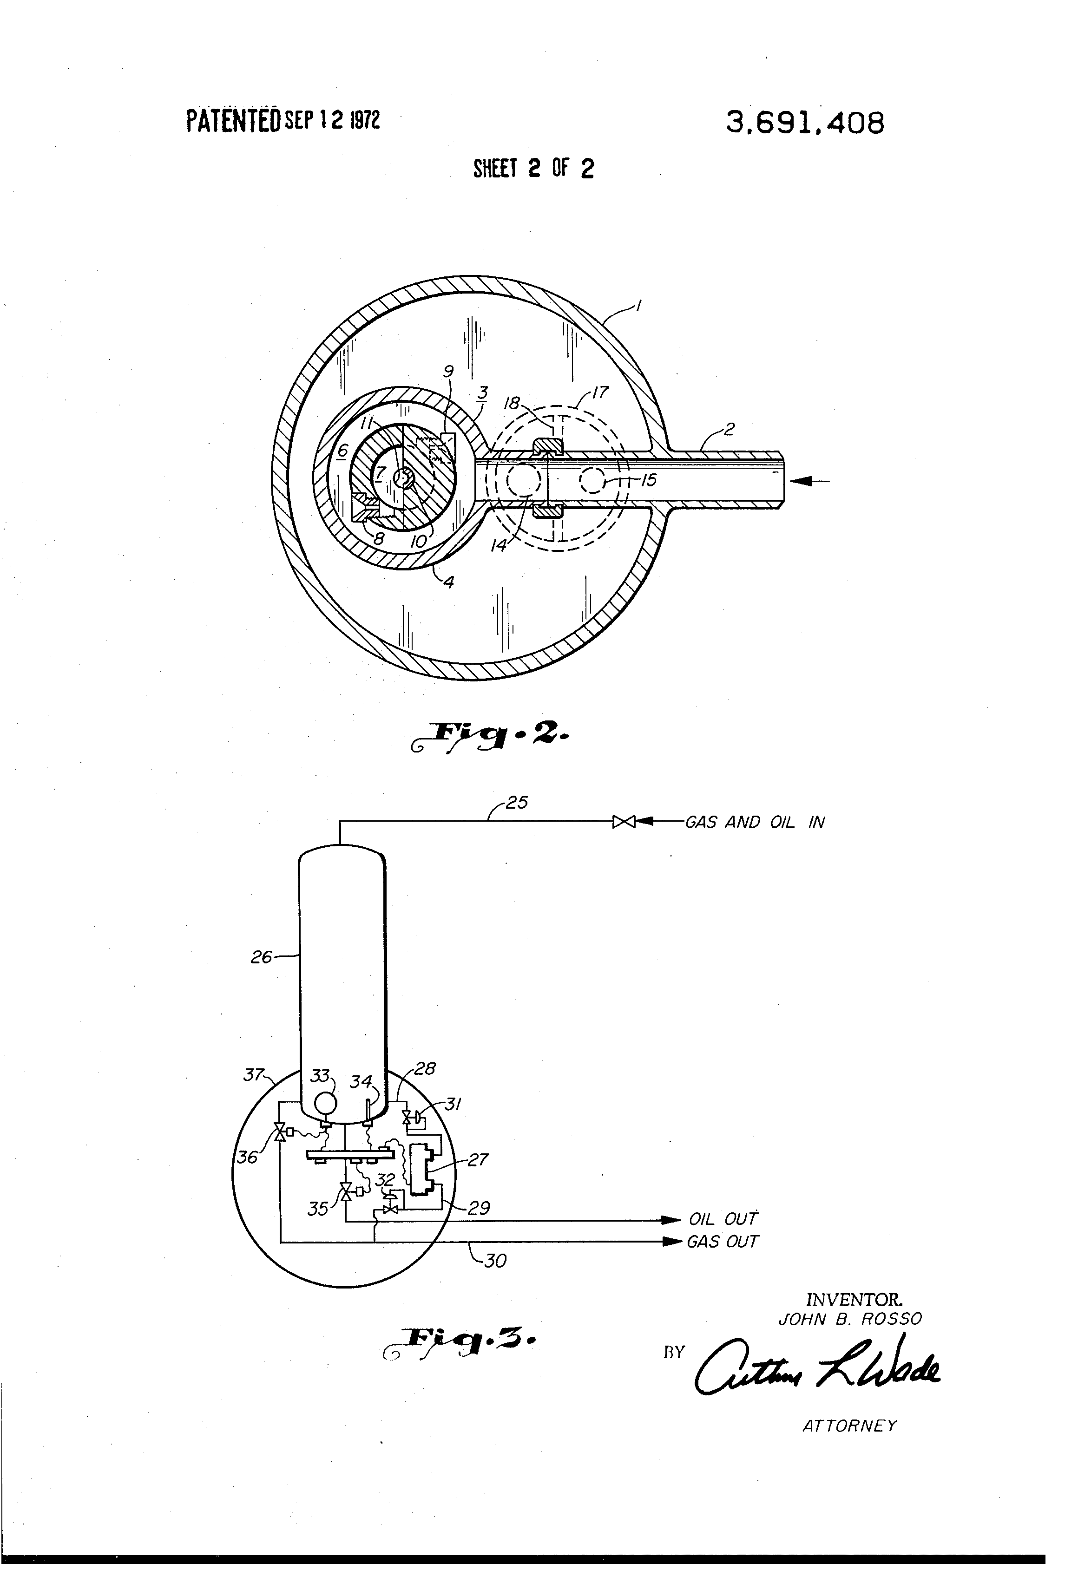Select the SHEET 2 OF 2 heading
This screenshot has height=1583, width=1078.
click(533, 168)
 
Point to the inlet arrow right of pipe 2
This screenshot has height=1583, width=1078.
click(809, 481)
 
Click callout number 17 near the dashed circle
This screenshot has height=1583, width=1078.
click(600, 392)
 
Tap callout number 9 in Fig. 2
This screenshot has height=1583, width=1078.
click(448, 371)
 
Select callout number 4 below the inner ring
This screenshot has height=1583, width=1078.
click(449, 582)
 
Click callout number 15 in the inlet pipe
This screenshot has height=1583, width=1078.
click(649, 480)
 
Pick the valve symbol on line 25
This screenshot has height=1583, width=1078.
click(624, 822)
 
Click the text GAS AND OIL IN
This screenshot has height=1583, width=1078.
click(754, 822)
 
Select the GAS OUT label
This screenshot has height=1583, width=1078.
click(722, 1242)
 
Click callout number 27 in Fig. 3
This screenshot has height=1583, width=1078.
click(478, 1160)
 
